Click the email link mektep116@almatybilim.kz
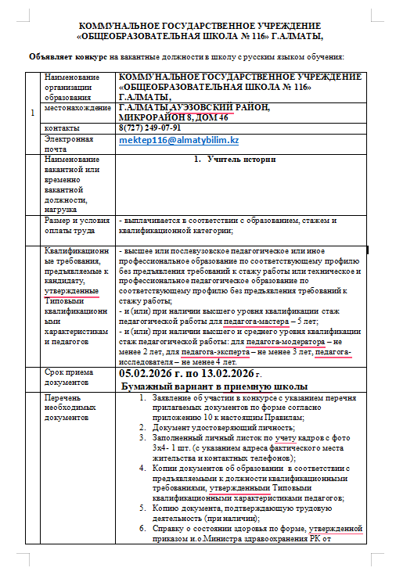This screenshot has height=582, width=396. pos(178,139)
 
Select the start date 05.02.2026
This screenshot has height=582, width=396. pos(150,374)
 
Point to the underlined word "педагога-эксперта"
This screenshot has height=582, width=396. pos(221,352)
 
